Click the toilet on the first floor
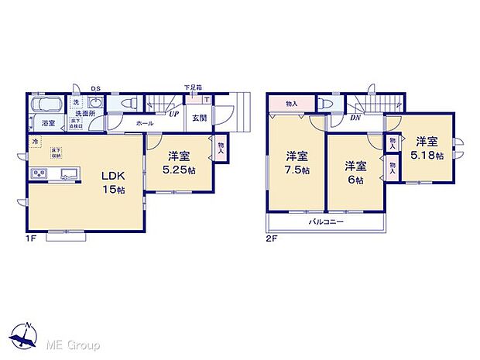[x=130, y=101]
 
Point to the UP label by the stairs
[x=175, y=113]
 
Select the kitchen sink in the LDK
[x=66, y=173]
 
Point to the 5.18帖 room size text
[x=427, y=156]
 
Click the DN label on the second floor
[x=355, y=118]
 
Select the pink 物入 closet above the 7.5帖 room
[x=291, y=103]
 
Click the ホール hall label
[x=144, y=123]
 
